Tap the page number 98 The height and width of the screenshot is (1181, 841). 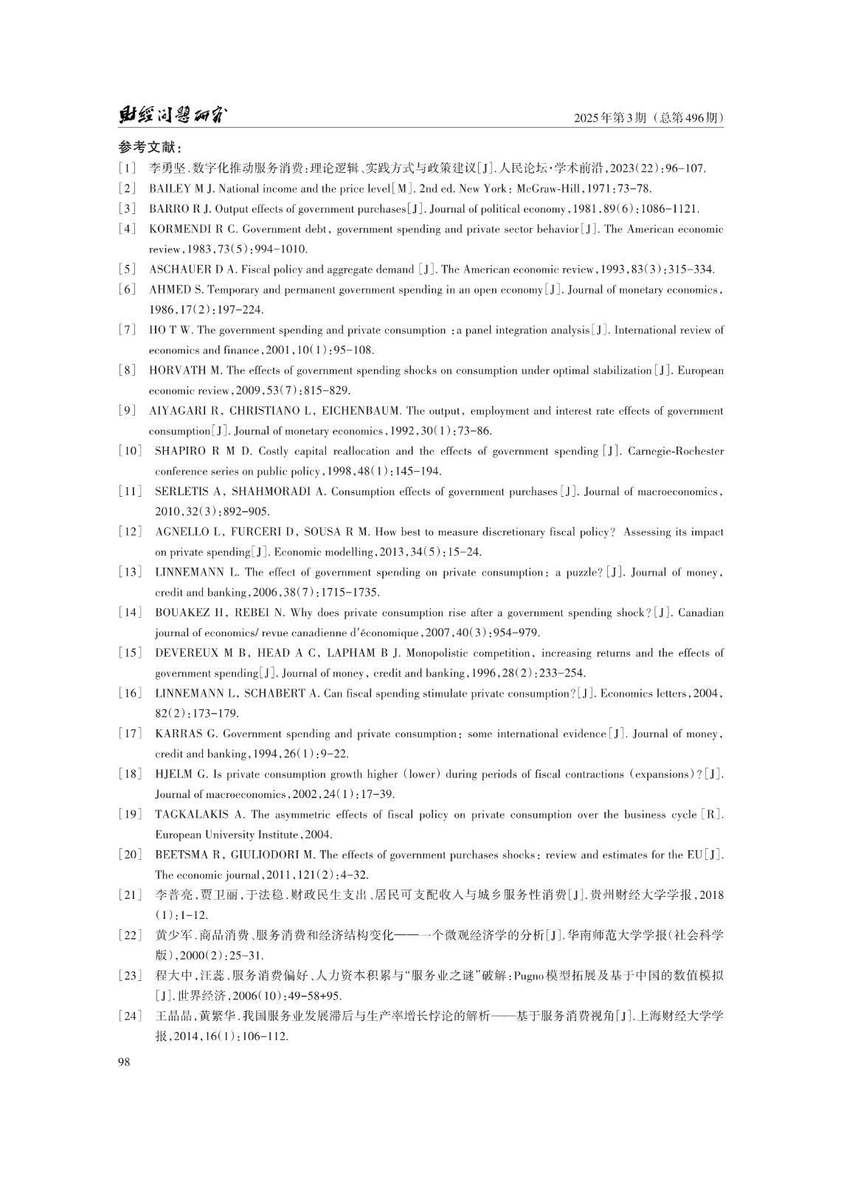123,1061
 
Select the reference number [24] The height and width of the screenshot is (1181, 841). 130,1016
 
